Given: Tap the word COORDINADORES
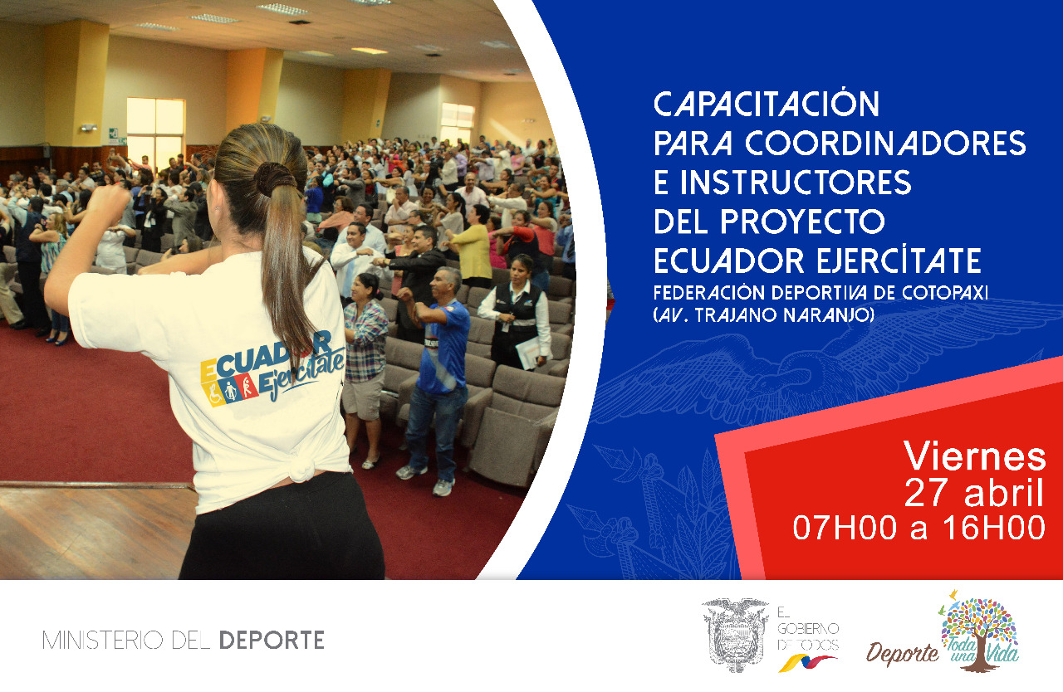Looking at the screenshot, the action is pyautogui.click(x=885, y=143).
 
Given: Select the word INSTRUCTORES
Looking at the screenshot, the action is pyautogui.click(x=796, y=182).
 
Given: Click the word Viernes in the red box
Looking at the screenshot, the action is pyautogui.click(x=975, y=456).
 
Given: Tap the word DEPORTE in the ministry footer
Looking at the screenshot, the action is pyautogui.click(x=272, y=640).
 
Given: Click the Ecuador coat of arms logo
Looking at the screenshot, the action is pyautogui.click(x=735, y=635).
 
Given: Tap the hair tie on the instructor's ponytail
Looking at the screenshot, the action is pyautogui.click(x=275, y=178).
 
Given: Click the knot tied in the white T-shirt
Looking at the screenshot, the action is pyautogui.click(x=300, y=466).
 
